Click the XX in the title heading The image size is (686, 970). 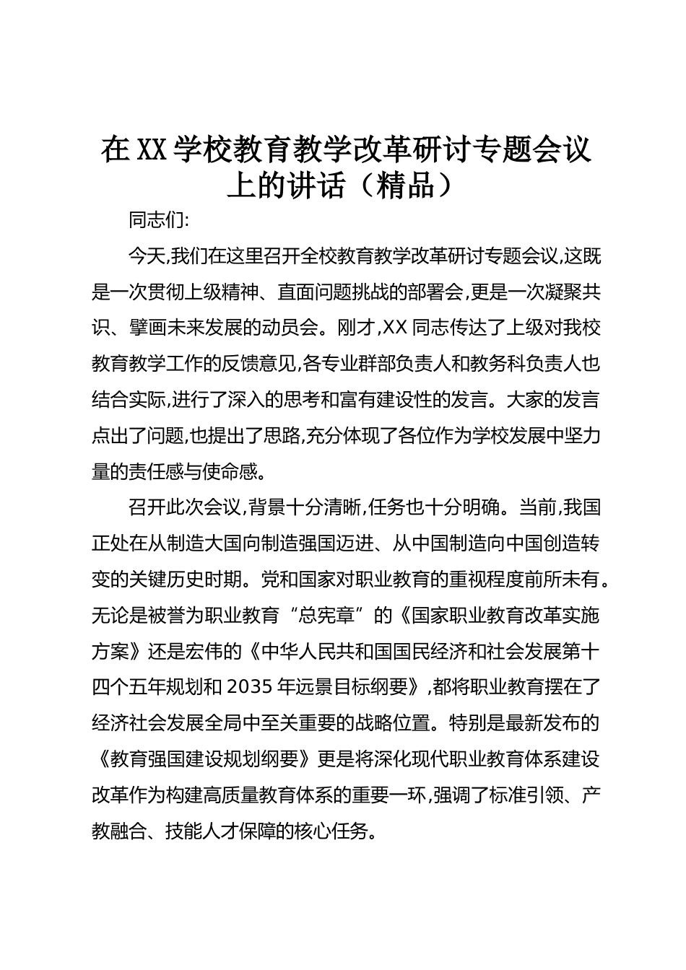[152, 150]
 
